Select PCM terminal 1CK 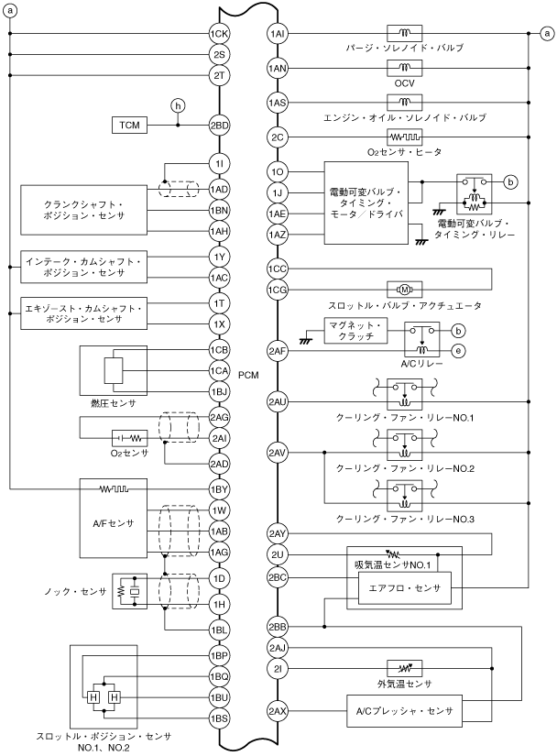coord(219,34)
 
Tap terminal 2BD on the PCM coord(219,125)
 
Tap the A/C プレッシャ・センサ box coord(404,710)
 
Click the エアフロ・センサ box coord(404,589)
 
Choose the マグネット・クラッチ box coord(358,331)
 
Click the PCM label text coord(248,375)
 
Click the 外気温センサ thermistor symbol coord(404,667)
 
